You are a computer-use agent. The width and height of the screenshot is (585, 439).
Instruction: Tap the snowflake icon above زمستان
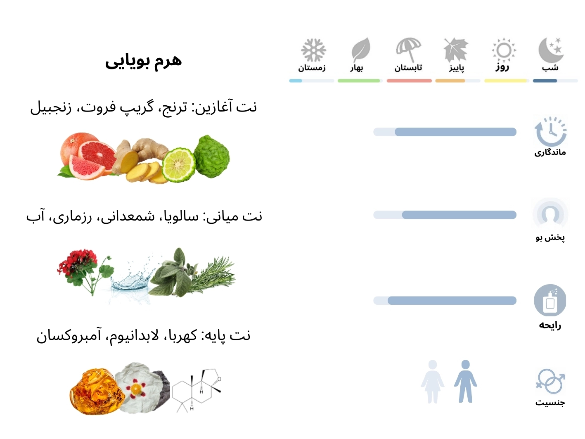point(313,50)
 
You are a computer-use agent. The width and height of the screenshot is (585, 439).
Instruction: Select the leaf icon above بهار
point(360,50)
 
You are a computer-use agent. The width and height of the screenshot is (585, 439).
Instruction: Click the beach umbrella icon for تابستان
point(409,50)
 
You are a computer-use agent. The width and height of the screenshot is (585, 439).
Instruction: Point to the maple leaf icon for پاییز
point(456,50)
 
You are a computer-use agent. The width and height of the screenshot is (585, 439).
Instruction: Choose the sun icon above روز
point(504,50)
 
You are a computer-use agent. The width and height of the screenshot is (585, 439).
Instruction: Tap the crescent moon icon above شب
point(551,50)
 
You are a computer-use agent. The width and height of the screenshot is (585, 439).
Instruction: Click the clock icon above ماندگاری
point(550,131)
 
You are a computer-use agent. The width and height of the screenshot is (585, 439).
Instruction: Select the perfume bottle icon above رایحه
point(550,300)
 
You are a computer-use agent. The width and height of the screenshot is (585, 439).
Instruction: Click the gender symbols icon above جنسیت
point(550,381)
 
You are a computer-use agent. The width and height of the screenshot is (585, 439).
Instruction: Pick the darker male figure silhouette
point(465,381)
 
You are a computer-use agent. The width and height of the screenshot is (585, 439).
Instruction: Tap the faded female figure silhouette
point(432,382)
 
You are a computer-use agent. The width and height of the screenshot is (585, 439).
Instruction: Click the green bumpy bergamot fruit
point(212,157)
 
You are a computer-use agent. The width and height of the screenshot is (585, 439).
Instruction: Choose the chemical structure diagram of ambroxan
point(197,390)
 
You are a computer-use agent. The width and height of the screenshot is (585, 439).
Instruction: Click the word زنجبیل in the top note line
point(50,107)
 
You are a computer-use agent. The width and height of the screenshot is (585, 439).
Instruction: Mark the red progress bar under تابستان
point(409,81)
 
